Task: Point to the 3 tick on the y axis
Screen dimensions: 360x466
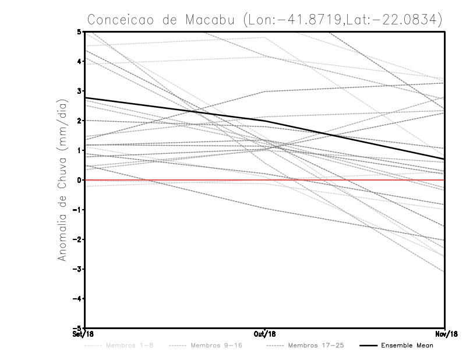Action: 79,91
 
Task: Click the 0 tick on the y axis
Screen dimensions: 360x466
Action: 79,180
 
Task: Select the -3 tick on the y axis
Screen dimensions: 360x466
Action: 77,269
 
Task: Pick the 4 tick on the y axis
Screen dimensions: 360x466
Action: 79,61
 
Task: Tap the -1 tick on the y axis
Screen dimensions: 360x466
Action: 77,210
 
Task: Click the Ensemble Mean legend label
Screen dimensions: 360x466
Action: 407,345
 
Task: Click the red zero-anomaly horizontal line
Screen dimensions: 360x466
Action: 175,180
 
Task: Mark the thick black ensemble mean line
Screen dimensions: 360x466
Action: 175,109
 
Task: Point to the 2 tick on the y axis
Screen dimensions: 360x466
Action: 79,121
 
